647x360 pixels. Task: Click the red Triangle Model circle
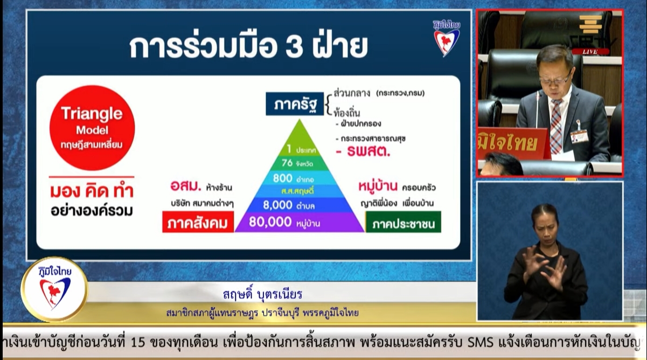tap(92, 128)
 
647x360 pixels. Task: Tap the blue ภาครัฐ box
tap(295, 103)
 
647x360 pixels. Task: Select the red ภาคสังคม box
tap(198, 221)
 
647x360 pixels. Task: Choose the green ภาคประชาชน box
tap(403, 221)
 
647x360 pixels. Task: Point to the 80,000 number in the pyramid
tap(270, 221)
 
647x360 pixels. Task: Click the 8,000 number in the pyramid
tap(277, 204)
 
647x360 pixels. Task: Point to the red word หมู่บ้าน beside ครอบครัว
tap(378, 187)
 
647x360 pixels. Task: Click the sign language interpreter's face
tap(545, 221)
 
